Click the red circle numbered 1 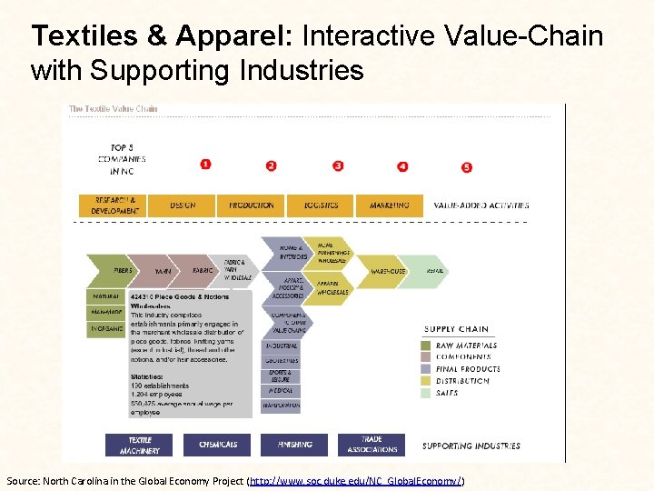[x=205, y=165]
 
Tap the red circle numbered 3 [x=338, y=165]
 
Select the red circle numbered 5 [x=467, y=167]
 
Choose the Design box [x=182, y=205]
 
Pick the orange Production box [x=252, y=205]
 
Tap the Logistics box [x=321, y=205]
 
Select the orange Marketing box [x=390, y=205]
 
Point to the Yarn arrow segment [x=163, y=271]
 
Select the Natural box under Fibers [x=105, y=296]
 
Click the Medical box [x=281, y=390]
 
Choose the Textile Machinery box [x=139, y=445]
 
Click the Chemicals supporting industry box [x=218, y=445]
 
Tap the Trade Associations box [x=372, y=445]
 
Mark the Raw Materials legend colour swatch [x=427, y=346]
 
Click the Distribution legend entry [x=467, y=381]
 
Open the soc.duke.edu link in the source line [x=356, y=479]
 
